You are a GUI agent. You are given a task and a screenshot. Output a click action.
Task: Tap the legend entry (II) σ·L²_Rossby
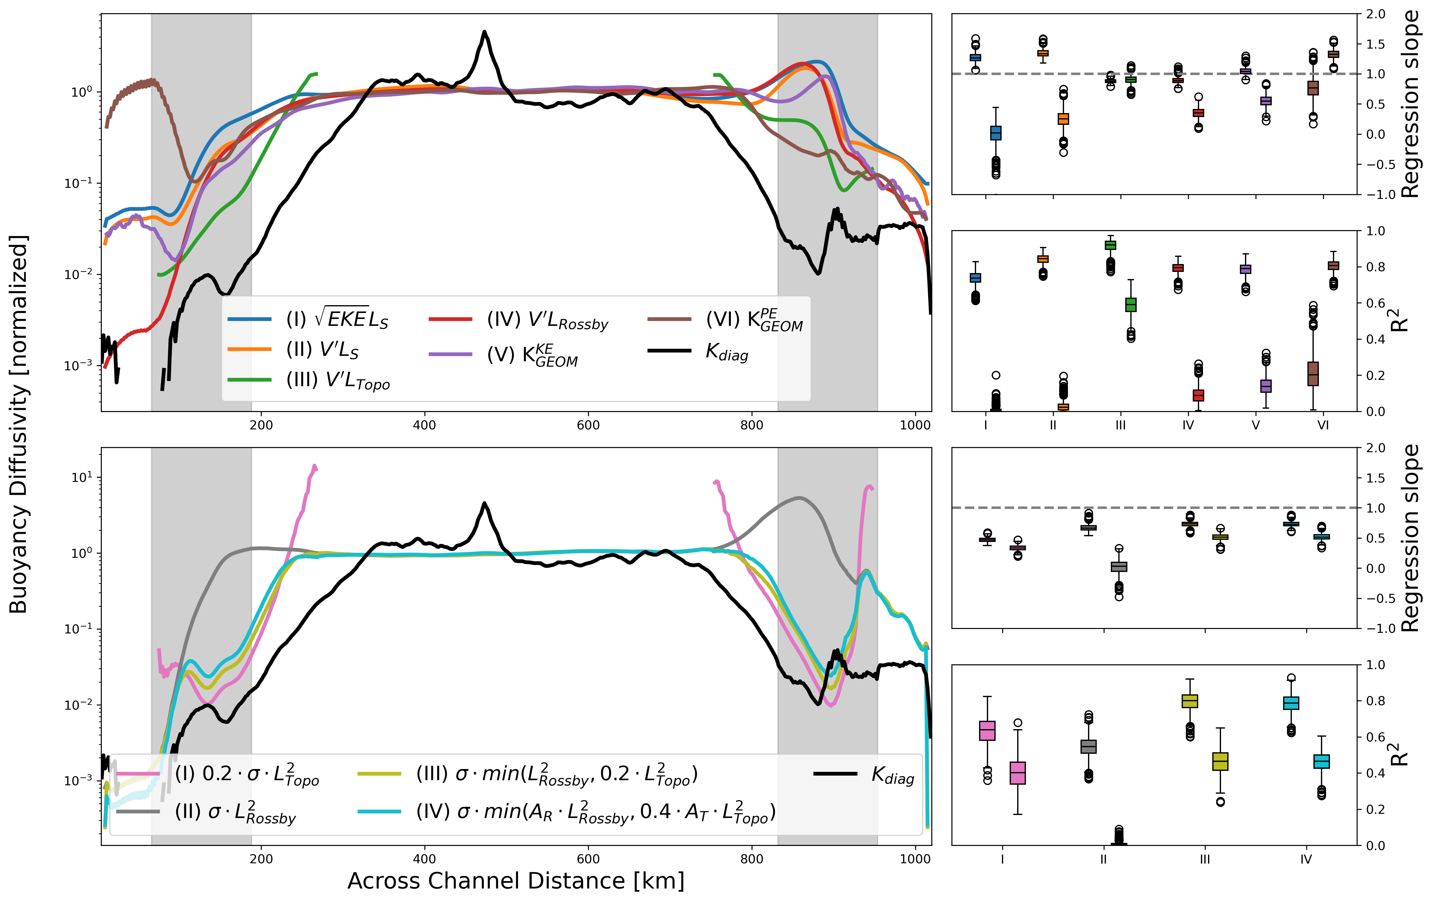pos(235,812)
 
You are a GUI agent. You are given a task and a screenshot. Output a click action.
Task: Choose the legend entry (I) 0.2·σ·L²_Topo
pos(247,774)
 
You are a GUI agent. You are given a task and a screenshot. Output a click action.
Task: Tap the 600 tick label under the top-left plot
pos(588,425)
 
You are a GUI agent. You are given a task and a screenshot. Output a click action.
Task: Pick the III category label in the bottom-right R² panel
pos(1205,859)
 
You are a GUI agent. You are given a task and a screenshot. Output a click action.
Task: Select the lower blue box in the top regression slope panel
pos(996,133)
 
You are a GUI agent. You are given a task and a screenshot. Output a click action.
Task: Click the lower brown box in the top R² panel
pos(1313,373)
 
